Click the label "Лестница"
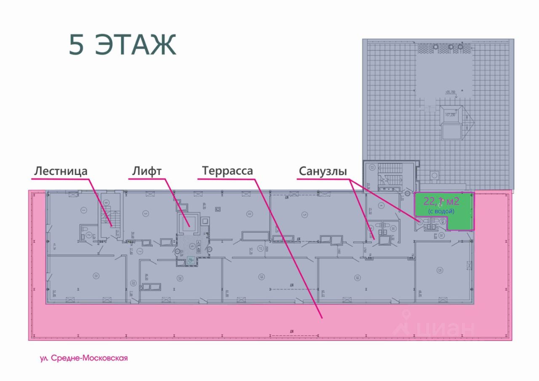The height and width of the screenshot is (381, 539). click(x=61, y=171)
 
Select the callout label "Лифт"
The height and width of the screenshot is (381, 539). click(x=147, y=171)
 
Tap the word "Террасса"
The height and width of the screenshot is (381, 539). click(x=227, y=171)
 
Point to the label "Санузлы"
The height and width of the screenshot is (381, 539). click(x=323, y=172)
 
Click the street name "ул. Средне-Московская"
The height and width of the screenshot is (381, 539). click(x=83, y=358)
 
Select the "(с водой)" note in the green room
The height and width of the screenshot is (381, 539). click(x=441, y=211)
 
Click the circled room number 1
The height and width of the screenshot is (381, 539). click(x=84, y=210)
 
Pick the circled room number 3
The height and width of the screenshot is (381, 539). click(x=146, y=214)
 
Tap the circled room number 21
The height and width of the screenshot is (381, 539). click(x=96, y=276)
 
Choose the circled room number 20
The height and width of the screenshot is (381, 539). click(x=180, y=278)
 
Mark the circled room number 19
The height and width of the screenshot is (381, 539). click(x=261, y=277)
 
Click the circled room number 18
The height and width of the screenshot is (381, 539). click(x=357, y=278)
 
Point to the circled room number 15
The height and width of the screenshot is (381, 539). click(x=440, y=270)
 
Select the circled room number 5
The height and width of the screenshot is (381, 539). click(x=304, y=214)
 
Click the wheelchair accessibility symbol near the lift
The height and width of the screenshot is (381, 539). click(x=190, y=260)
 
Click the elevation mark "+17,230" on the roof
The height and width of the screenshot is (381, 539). click(x=451, y=114)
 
